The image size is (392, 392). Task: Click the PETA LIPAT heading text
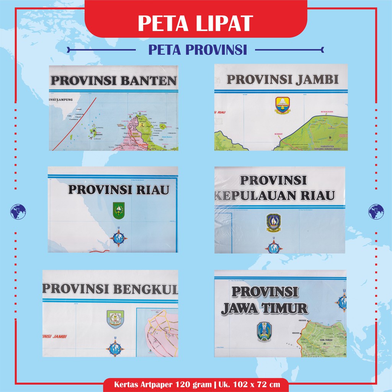tap(196, 23)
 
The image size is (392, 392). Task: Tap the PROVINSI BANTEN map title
tap(113, 81)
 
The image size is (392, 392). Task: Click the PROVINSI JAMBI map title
tap(283, 80)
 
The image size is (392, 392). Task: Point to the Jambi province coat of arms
tap(283, 105)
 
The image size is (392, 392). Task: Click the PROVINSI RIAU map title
tap(118, 189)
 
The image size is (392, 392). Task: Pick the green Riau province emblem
tap(119, 211)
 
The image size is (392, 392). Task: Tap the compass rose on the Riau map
tap(119, 238)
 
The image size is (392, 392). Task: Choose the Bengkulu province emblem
tap(115, 319)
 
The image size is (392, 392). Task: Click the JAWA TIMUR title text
tap(264, 308)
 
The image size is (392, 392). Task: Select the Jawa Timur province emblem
tap(264, 332)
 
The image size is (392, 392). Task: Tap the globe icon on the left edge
tap(18, 212)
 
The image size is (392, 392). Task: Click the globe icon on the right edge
tap(376, 212)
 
